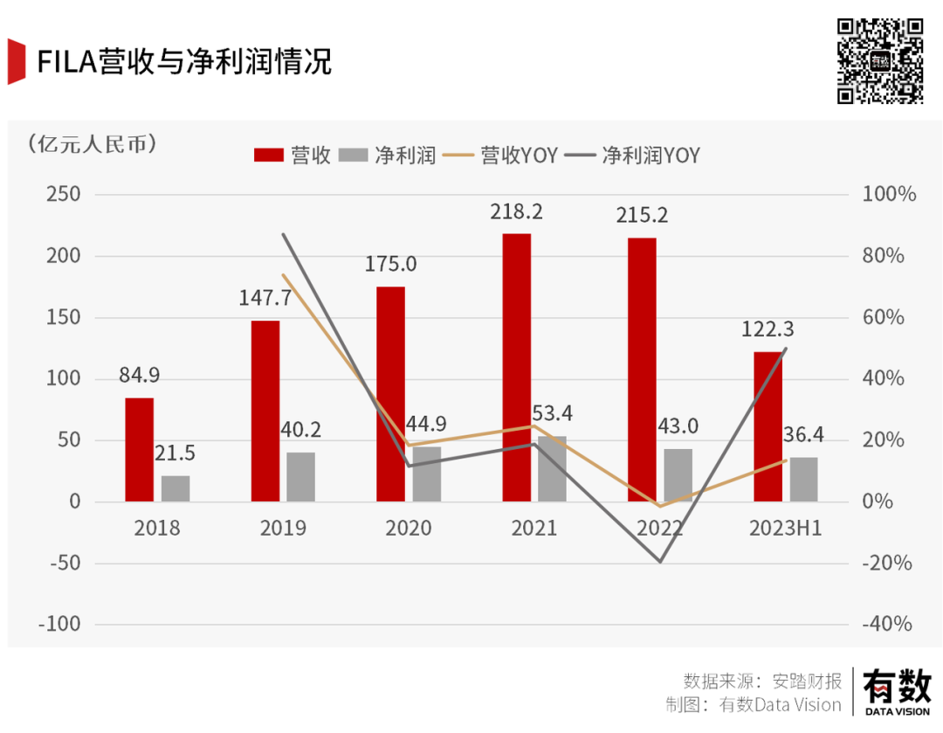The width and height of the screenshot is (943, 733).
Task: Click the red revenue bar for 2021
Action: point(516,367)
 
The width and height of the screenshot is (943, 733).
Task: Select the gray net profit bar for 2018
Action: point(176,488)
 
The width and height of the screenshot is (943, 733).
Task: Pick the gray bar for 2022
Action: point(678,475)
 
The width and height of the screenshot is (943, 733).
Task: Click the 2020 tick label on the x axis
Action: point(409,528)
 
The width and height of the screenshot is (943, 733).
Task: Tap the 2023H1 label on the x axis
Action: point(785,528)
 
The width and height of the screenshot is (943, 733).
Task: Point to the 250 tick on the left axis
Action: point(63,195)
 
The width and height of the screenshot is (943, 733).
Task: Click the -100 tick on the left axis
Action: point(59,624)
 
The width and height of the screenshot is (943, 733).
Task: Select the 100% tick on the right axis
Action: point(889,195)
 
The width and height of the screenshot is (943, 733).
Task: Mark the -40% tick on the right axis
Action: point(887,624)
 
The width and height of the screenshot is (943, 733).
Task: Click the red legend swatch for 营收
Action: point(269,156)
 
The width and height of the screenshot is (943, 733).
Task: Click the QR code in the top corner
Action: point(880,61)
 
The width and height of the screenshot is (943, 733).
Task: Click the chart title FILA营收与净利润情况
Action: point(183,63)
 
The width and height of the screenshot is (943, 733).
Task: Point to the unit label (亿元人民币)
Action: point(93,143)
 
